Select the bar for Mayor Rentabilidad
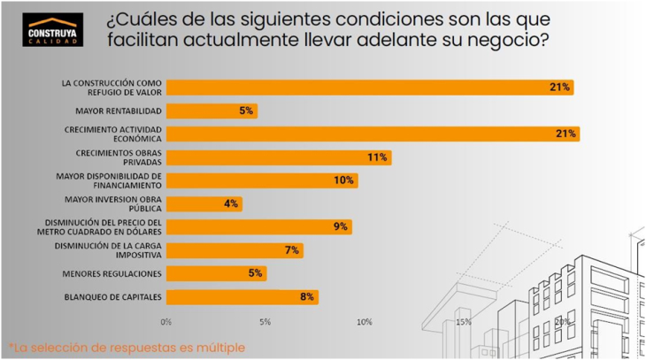(x=211, y=111)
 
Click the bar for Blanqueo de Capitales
(x=242, y=297)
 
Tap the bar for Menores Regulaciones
(x=216, y=273)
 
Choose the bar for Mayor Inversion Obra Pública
(x=204, y=204)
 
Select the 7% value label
(x=291, y=250)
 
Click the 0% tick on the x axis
(x=166, y=321)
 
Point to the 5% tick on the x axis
(x=265, y=321)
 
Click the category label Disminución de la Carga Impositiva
(x=107, y=250)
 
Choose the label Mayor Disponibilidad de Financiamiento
(x=107, y=180)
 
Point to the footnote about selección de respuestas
(x=127, y=347)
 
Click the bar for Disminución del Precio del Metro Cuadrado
(x=258, y=227)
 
